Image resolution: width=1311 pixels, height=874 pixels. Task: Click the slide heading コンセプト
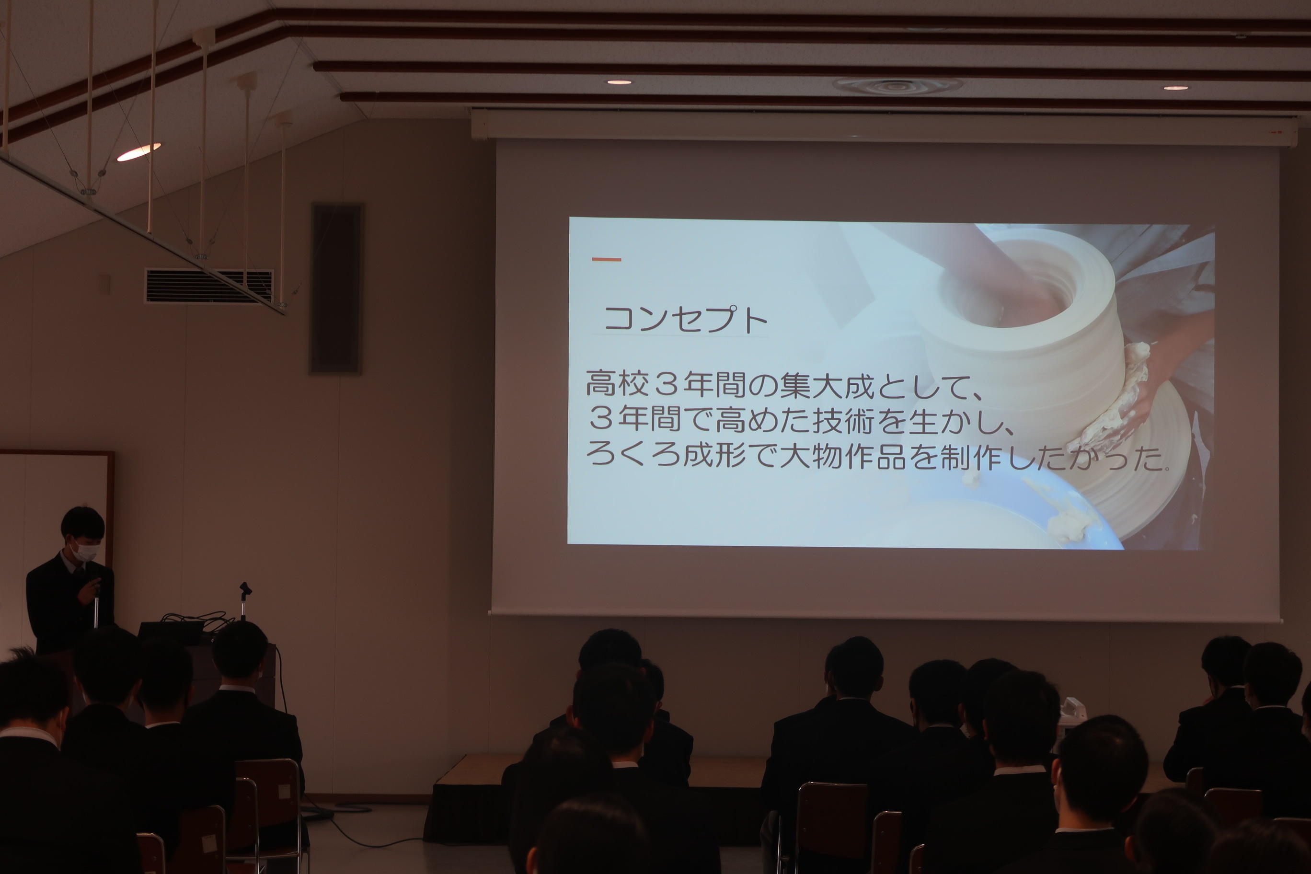(686, 320)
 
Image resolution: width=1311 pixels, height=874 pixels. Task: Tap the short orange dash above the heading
(607, 259)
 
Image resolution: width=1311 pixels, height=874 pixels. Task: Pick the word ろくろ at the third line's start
(633, 455)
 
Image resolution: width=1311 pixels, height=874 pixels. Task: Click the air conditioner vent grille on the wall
(209, 286)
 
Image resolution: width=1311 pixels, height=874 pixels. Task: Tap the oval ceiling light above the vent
(139, 151)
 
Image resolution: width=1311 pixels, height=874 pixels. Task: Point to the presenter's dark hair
(82, 522)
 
